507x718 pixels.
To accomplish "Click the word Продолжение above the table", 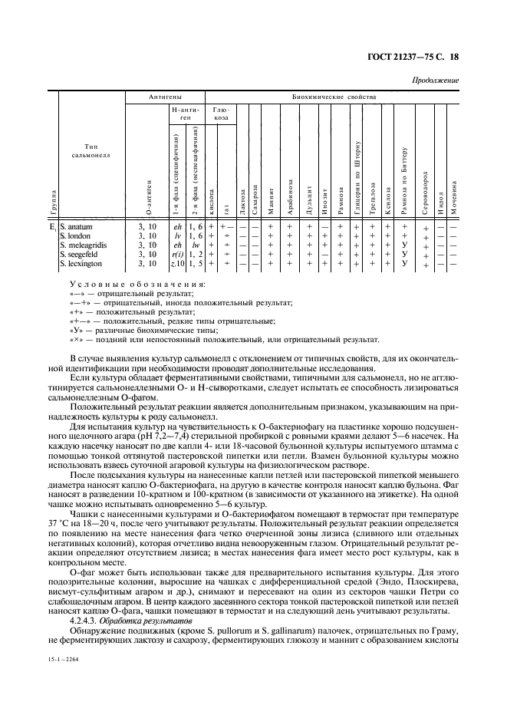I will pos(436,81).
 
